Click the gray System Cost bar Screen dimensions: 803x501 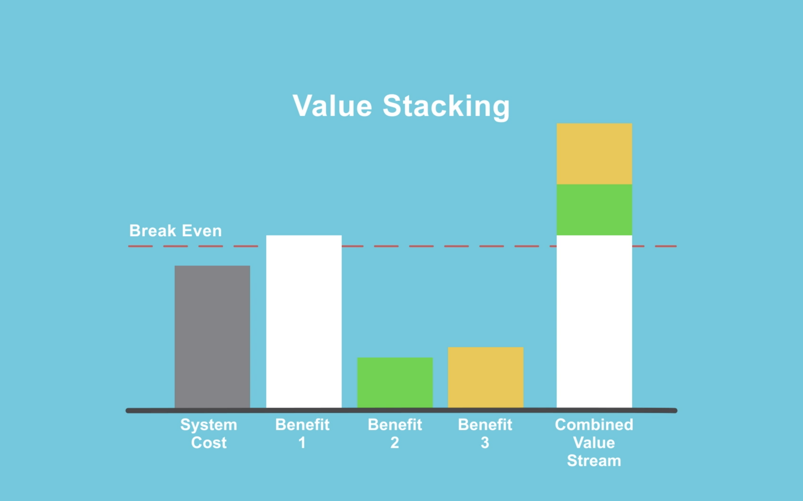(212, 337)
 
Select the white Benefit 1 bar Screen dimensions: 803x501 (304, 321)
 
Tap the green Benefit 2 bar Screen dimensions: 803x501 (395, 383)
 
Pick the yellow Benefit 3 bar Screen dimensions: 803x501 (486, 377)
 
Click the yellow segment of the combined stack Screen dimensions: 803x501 (594, 154)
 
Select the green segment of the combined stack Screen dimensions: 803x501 (594, 210)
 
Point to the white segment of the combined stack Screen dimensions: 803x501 (594, 321)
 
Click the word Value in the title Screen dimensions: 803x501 (332, 106)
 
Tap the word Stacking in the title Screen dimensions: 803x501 (446, 107)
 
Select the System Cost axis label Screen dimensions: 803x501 (209, 433)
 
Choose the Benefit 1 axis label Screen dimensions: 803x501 (302, 433)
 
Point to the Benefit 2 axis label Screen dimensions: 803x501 (395, 433)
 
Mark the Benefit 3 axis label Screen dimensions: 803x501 (485, 433)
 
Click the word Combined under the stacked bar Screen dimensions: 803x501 (594, 425)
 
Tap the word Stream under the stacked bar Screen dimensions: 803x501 (594, 461)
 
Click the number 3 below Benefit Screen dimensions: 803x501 (485, 443)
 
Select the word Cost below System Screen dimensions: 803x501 (209, 443)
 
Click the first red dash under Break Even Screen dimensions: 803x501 (140, 246)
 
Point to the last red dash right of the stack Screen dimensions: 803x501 (666, 246)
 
